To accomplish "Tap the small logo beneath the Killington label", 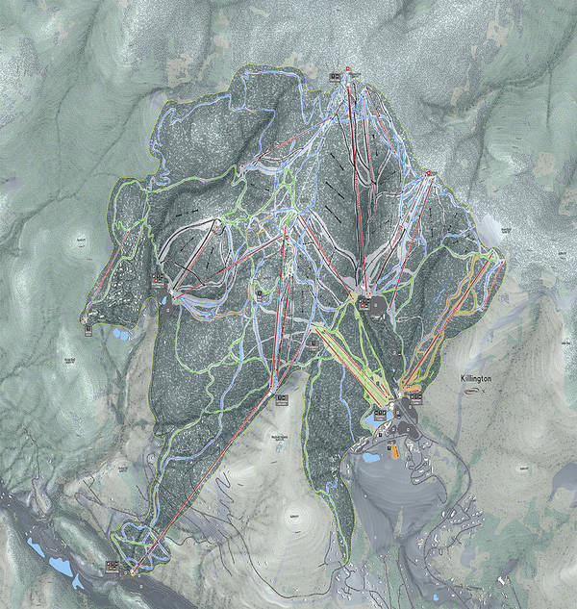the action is click(x=472, y=391).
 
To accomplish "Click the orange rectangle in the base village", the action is click(x=393, y=448).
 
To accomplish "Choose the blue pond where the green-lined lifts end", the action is click(x=373, y=420).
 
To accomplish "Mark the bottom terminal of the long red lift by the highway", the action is click(x=133, y=570).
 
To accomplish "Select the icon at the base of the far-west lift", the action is click(x=88, y=324).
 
